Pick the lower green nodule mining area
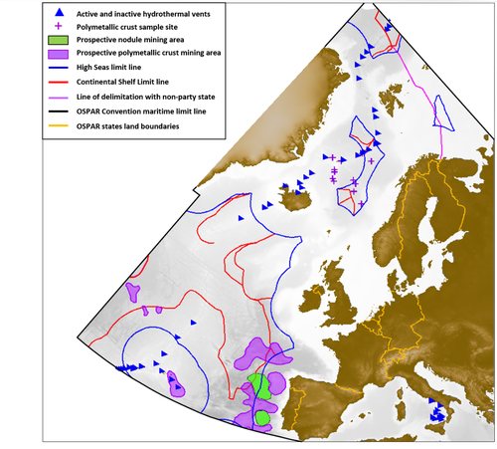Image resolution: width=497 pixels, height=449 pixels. click(261, 416)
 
